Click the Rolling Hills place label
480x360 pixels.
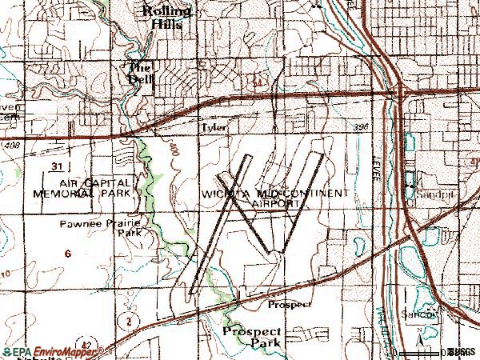coord(166,16)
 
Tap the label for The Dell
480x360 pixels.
coord(140,73)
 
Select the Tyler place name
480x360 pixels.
coord(214,127)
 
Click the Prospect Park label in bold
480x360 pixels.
coord(252,337)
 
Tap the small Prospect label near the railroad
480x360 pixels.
coord(289,304)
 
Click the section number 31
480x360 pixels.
coord(54,166)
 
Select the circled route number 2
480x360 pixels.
coord(126,320)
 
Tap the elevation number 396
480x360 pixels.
coord(362,127)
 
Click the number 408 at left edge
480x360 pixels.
coord(10,146)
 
